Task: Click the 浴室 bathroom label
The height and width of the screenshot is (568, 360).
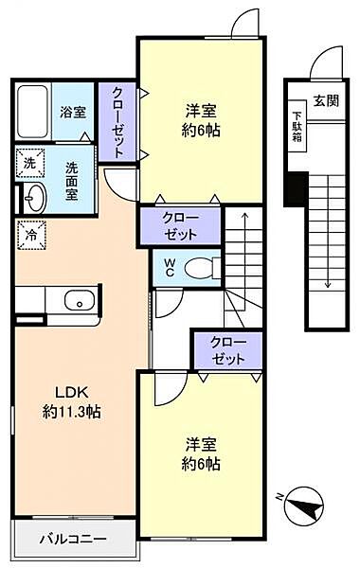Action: coord(73,112)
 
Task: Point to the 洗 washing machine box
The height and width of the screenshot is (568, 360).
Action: coord(28,163)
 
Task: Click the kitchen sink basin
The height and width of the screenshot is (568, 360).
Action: coord(79,301)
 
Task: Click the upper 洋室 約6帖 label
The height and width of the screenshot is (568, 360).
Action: coord(202,120)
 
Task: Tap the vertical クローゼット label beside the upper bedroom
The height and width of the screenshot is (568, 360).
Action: coord(117,121)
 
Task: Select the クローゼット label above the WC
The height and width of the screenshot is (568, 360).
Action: coord(180,225)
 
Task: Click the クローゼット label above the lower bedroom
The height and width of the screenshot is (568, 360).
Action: coord(227,350)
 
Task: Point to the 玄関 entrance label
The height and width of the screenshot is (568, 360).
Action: coord(326,101)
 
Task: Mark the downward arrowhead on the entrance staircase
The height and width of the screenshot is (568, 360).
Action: coord(327,283)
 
